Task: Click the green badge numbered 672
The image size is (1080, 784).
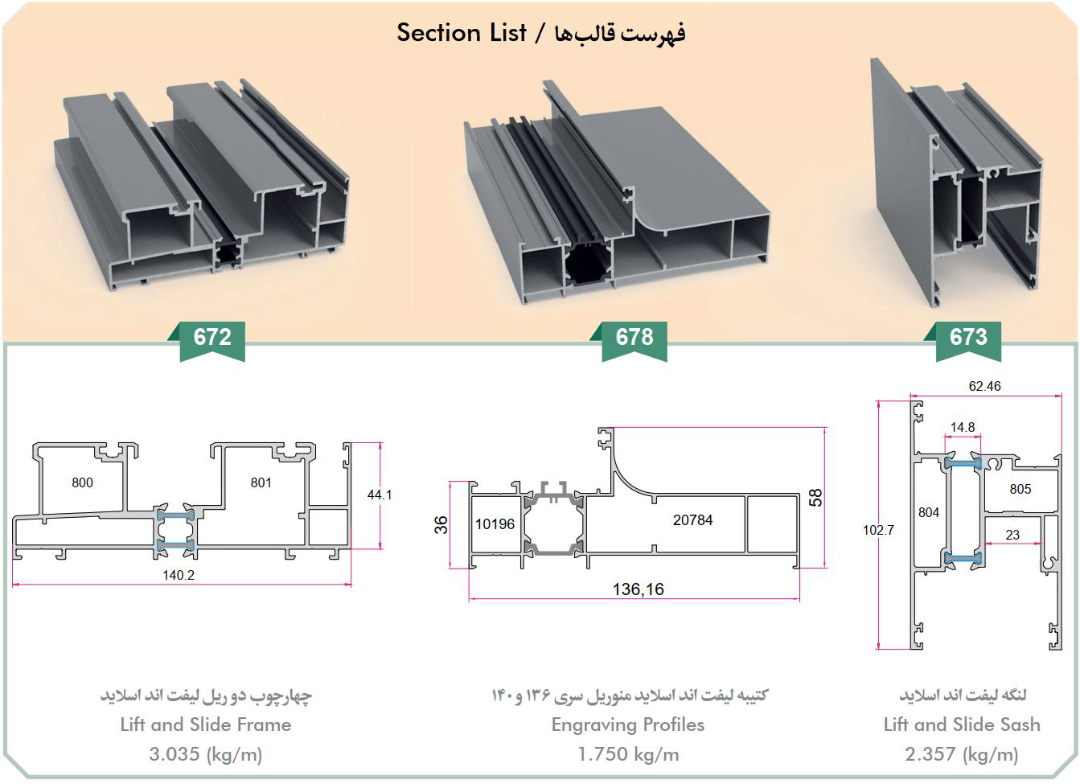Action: (212, 338)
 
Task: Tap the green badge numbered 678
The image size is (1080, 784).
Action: (634, 338)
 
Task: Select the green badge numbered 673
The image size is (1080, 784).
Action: (968, 338)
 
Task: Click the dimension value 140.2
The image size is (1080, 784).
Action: (179, 575)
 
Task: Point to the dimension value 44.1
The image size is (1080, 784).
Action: (380, 495)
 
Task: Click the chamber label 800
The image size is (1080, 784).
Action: (82, 482)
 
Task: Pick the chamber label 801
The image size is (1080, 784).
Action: (261, 482)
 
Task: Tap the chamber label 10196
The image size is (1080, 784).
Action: (495, 524)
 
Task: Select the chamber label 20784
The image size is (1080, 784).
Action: (692, 520)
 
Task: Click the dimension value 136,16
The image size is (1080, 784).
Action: (639, 589)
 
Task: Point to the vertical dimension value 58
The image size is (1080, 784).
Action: (816, 498)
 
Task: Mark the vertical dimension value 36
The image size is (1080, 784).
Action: (441, 525)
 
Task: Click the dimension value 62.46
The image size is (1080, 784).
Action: (984, 386)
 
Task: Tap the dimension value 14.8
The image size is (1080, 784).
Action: (963, 427)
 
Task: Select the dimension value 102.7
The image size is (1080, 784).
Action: (878, 530)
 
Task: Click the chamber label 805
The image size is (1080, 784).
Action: (1020, 489)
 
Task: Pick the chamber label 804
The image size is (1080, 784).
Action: (928, 512)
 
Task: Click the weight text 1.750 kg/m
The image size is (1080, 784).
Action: (628, 754)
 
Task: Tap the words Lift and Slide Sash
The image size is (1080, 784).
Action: (962, 724)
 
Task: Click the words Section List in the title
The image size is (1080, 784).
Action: (461, 33)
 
